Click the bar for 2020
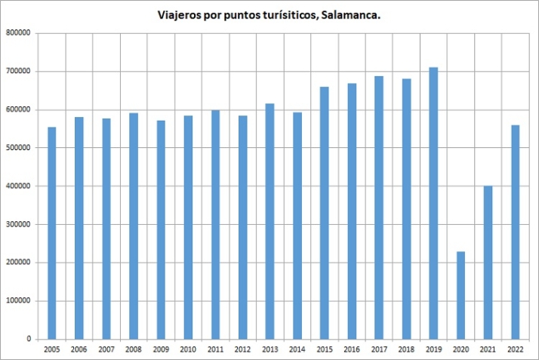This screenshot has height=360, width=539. pyautogui.click(x=460, y=295)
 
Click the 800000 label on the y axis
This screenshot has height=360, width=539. pyautogui.click(x=17, y=33)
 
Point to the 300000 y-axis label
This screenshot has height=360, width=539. pyautogui.click(x=17, y=225)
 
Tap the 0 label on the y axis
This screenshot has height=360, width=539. pyautogui.click(x=27, y=340)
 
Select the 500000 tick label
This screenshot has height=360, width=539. pyautogui.click(x=17, y=148)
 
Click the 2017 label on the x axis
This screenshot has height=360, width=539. pyautogui.click(x=379, y=350)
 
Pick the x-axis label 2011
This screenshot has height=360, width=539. pyautogui.click(x=215, y=350)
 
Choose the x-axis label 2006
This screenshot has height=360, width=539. pyautogui.click(x=79, y=350)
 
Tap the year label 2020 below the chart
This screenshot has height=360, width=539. pyautogui.click(x=460, y=350)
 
